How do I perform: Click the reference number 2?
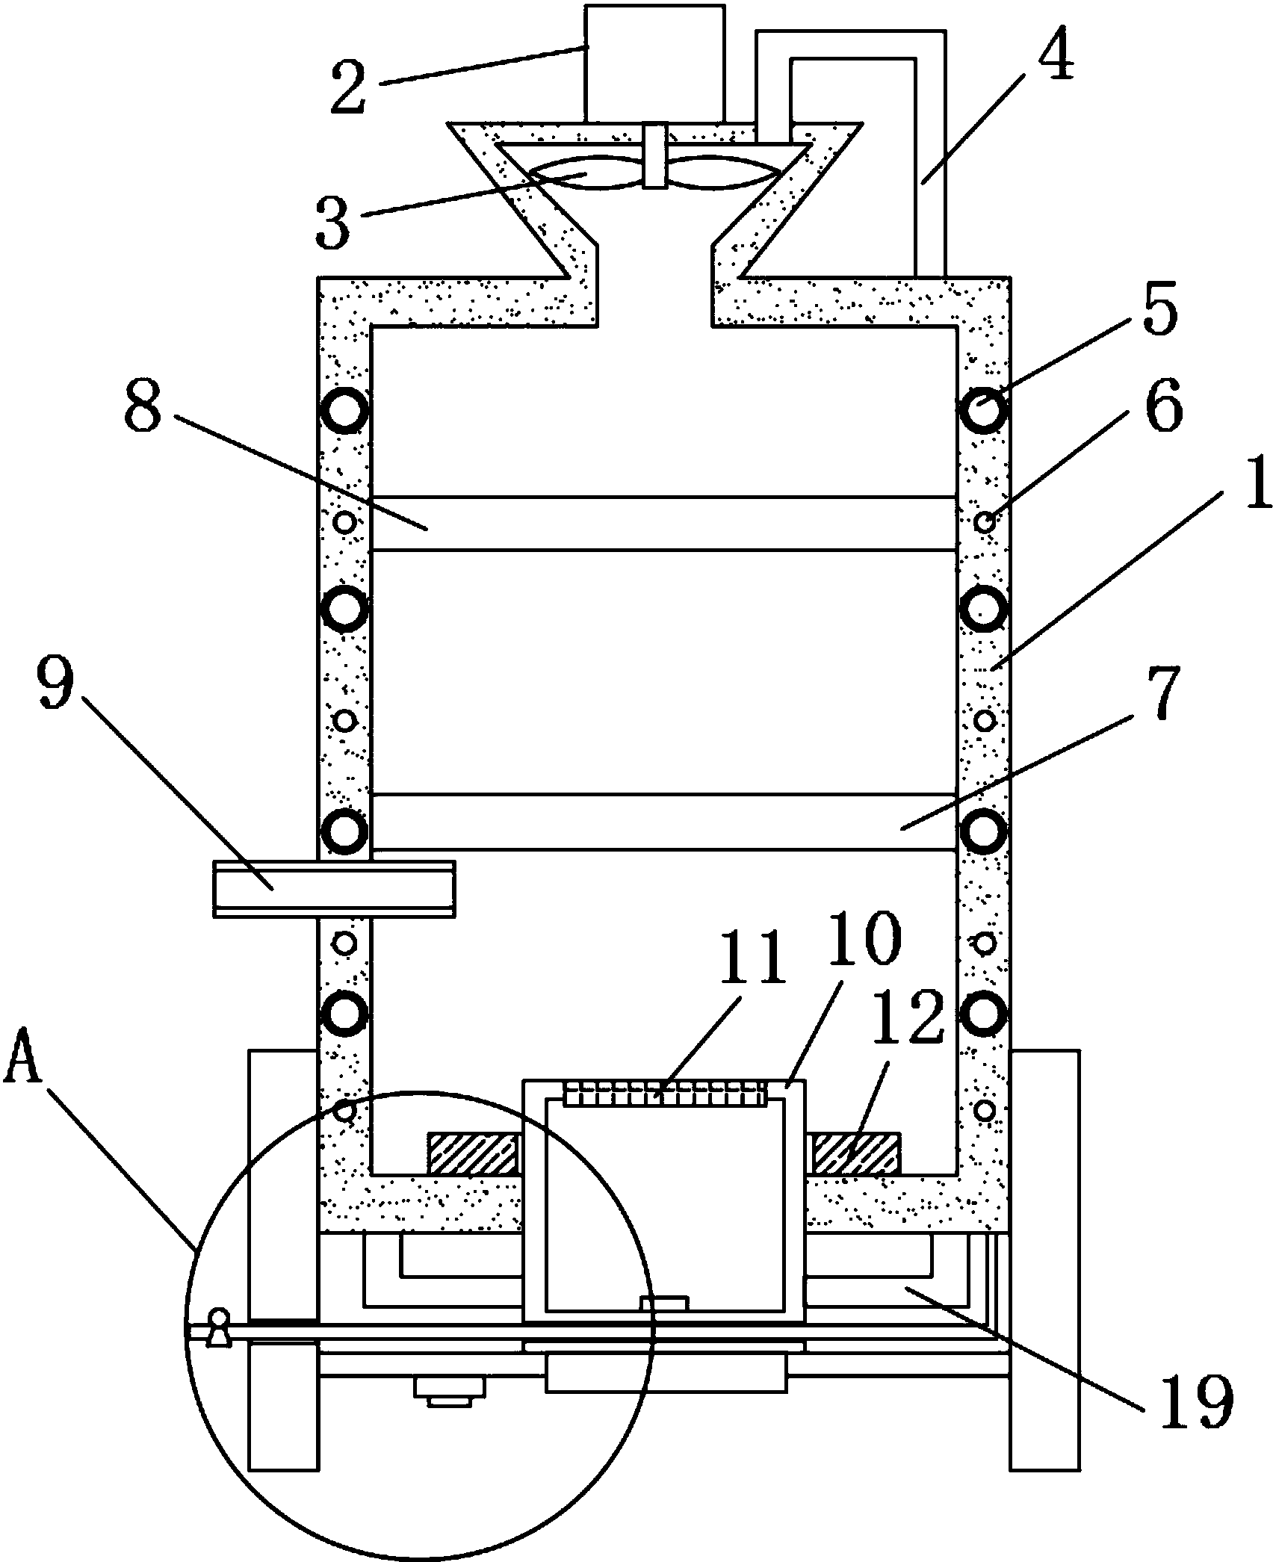(x=351, y=87)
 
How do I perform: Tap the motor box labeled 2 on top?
(x=655, y=63)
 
